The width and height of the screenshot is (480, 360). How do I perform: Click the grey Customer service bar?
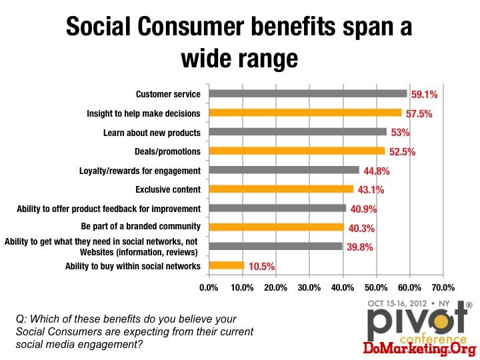click(x=308, y=94)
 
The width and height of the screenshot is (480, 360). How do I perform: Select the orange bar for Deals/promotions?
click(x=297, y=151)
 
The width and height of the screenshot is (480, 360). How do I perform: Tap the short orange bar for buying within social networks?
click(x=227, y=265)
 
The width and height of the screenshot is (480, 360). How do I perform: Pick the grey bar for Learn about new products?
click(x=298, y=132)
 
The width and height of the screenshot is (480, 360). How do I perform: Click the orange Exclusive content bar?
click(x=281, y=189)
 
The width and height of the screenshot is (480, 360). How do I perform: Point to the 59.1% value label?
click(x=424, y=95)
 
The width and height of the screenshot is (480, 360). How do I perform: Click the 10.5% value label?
click(x=262, y=267)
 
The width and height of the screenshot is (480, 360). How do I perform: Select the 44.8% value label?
click(x=377, y=171)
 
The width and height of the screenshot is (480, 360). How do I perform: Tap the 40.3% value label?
click(x=361, y=229)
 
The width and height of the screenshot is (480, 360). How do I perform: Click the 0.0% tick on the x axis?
click(x=209, y=288)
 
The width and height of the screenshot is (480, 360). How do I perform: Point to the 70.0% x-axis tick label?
click(x=443, y=288)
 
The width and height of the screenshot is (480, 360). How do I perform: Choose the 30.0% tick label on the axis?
click(x=309, y=288)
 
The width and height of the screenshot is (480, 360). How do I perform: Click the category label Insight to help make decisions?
click(x=143, y=113)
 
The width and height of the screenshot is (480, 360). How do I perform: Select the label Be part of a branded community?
click(x=141, y=226)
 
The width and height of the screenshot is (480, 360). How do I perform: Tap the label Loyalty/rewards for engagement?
click(x=140, y=171)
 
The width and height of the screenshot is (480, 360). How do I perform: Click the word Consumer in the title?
click(x=191, y=26)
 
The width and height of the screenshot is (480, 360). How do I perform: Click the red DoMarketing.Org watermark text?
click(x=420, y=349)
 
